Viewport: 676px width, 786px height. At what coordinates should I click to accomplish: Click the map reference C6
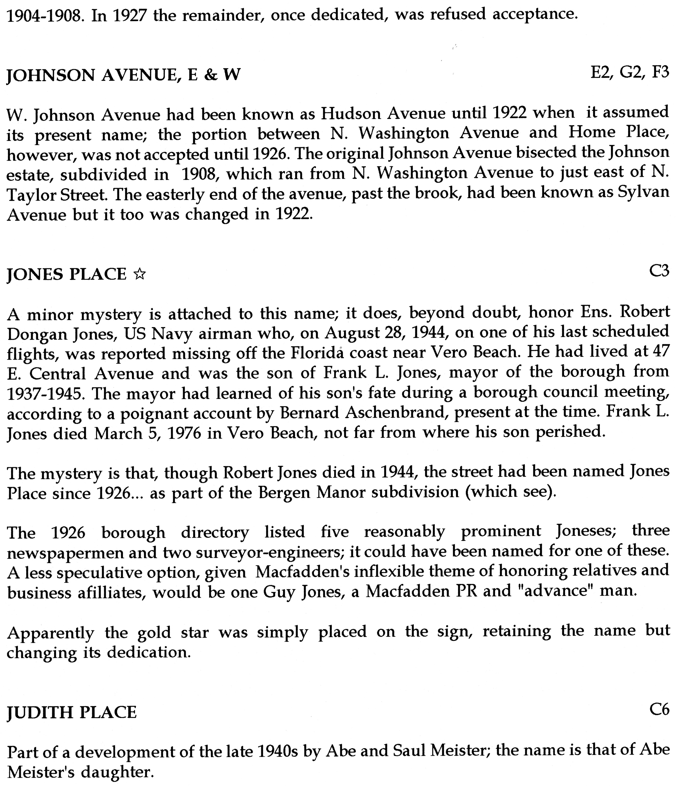point(659,709)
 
